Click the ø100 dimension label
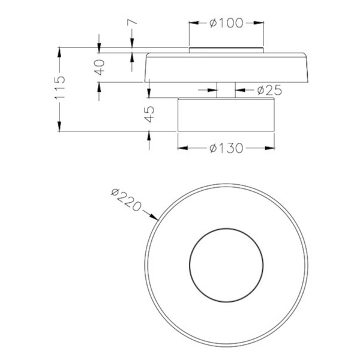[x=226, y=23]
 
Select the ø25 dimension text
[x=269, y=91]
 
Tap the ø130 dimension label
[x=226, y=148]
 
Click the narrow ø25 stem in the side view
[x=226, y=89]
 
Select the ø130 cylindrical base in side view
[x=226, y=114]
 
